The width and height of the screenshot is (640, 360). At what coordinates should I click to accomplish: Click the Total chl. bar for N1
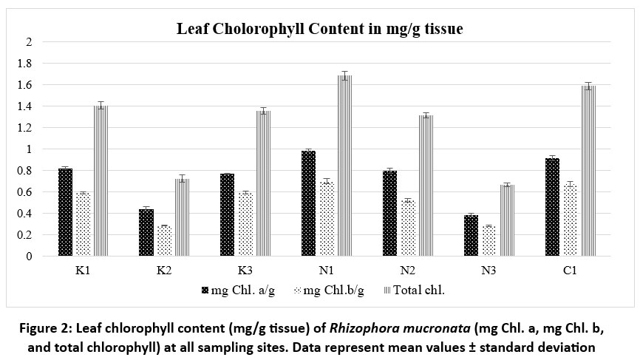coord(344,166)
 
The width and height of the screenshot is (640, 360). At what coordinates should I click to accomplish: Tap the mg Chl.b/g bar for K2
coord(163,241)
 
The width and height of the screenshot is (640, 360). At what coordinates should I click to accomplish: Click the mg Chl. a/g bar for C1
coord(552,207)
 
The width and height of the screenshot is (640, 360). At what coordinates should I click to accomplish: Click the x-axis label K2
coord(164,271)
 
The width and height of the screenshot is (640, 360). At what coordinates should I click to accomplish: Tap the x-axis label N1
coord(326,271)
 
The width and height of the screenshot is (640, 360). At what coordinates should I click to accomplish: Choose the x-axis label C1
coord(569,271)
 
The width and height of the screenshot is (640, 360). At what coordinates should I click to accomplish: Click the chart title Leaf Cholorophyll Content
coord(319,30)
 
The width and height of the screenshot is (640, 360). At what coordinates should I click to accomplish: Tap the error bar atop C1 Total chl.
coord(588,86)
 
